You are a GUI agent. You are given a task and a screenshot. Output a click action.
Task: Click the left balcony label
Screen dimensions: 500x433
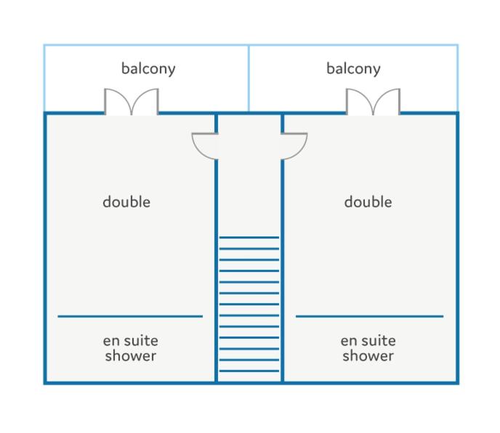coord(148,69)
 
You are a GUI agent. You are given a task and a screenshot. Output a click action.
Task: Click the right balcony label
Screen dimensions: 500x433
coord(353,69)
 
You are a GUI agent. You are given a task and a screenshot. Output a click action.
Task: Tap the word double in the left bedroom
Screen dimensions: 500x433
coord(126,202)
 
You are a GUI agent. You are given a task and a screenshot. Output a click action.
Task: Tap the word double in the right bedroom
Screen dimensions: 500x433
coord(368,202)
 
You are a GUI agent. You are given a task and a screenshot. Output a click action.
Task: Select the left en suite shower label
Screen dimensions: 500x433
coord(131,348)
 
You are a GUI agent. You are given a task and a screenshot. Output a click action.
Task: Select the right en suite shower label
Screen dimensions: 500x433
coord(368,348)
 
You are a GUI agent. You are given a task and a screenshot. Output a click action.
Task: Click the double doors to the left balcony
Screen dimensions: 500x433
coord(132,102)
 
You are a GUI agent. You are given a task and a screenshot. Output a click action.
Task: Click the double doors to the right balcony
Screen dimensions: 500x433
coord(373,102)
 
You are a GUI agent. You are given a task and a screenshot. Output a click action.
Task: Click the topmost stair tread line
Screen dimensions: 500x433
coord(249,237)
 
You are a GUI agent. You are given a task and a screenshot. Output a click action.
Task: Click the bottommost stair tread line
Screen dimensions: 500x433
coord(249,371)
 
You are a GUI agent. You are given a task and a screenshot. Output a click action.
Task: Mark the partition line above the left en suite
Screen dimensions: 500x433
coord(130,316)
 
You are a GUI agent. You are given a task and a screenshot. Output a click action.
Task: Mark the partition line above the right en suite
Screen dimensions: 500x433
coord(370,316)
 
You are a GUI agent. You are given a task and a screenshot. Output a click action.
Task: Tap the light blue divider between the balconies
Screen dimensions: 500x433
coord(249,78)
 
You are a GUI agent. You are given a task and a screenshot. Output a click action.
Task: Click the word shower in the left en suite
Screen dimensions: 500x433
coord(131,355)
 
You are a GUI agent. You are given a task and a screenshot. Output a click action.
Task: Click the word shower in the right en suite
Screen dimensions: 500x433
coord(368,355)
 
